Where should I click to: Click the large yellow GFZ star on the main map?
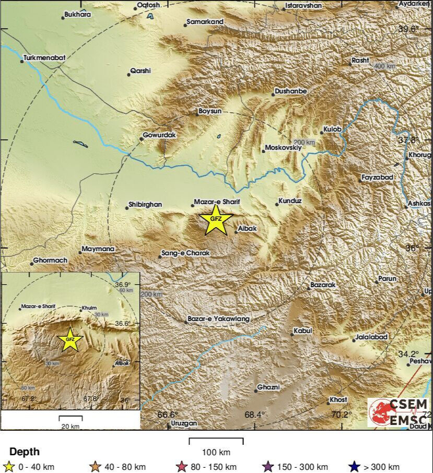point(215,220)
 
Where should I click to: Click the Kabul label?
point(302,330)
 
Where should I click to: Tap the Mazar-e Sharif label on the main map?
point(216,202)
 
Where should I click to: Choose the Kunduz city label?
point(290,200)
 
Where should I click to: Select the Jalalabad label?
point(371,337)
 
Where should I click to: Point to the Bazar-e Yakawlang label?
point(219,318)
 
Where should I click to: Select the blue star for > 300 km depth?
point(354,467)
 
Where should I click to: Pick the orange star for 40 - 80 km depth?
point(96,467)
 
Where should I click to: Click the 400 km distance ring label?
point(385,66)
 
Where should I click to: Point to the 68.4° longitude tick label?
point(255,415)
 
